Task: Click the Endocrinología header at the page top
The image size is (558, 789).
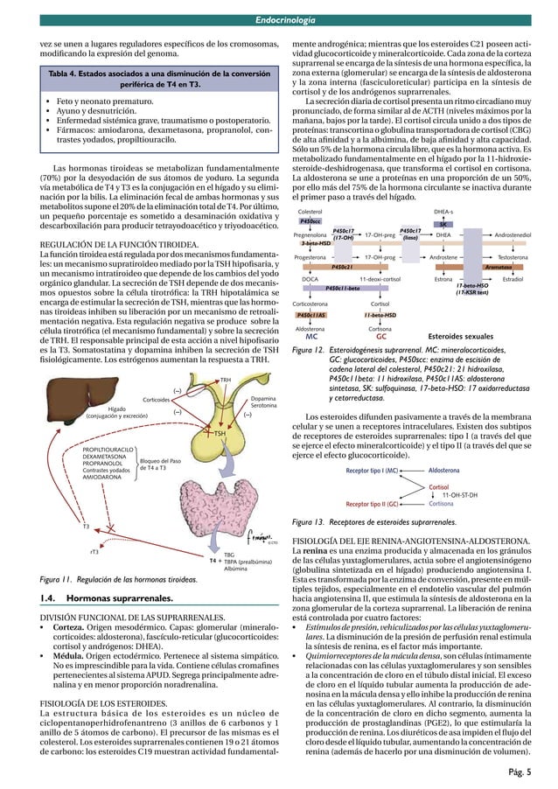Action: point(281,9)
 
